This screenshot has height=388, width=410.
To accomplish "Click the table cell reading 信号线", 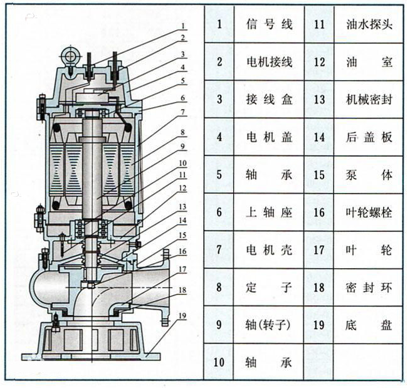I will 269,24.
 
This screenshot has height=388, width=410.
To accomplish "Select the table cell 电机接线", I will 269,62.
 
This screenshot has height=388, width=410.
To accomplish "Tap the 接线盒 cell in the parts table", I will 269,99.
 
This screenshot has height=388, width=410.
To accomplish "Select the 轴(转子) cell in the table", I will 269,325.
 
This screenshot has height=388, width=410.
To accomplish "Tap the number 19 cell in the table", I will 319,325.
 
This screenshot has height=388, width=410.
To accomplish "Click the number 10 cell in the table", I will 219,361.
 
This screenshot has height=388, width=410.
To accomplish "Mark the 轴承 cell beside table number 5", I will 269,174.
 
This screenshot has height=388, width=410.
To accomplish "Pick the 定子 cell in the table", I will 269,287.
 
